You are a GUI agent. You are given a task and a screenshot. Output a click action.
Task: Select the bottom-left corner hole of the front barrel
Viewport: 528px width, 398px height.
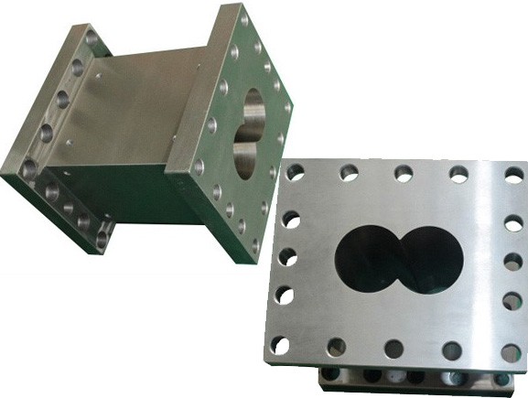tap(281, 344)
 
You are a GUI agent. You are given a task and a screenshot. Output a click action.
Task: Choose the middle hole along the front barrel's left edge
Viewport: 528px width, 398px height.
tap(286, 255)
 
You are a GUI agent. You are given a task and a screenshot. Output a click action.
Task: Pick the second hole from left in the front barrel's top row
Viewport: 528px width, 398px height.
tap(349, 171)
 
